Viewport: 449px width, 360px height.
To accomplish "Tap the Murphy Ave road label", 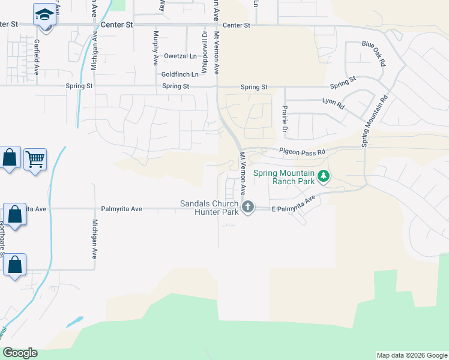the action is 155,44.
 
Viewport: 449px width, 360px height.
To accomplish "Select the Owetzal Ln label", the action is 181,56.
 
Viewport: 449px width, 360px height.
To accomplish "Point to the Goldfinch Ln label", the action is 179,74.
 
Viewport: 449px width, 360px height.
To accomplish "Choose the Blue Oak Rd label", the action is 373,53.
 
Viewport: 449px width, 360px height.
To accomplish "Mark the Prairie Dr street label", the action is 286,119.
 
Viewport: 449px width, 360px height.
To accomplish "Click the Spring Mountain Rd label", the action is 375,120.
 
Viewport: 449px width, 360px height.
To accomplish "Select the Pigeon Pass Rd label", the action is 301,152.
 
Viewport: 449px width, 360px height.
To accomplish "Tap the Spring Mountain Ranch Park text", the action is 284,177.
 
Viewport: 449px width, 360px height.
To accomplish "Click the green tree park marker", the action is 324,176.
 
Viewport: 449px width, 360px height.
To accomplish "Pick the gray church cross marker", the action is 248,208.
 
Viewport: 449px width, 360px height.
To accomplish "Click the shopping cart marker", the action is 35,159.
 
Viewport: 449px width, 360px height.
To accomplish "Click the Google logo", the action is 20,353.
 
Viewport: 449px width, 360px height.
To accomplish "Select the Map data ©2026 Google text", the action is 412,355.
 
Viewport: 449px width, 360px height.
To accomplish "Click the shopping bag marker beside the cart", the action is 10,158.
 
